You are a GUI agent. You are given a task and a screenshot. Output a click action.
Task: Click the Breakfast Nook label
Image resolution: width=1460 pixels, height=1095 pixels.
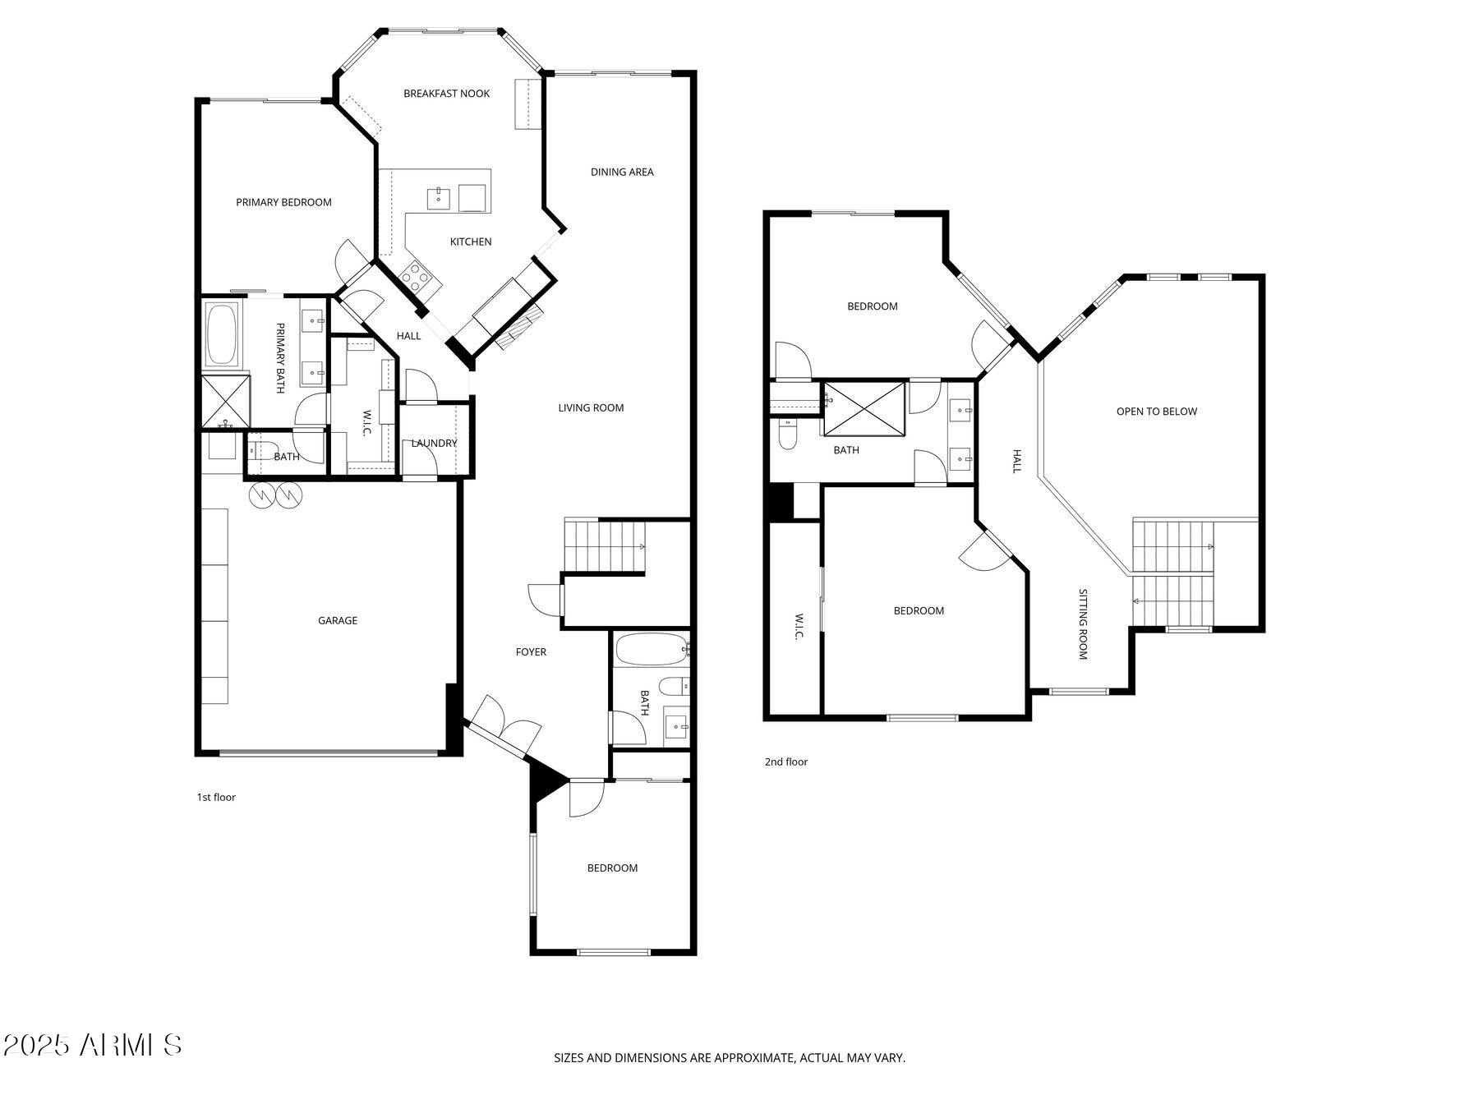[446, 94]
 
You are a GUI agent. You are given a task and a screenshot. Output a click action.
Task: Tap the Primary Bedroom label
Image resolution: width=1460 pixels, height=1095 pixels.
[283, 202]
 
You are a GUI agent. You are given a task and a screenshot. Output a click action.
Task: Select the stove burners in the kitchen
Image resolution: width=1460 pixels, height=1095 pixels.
[417, 277]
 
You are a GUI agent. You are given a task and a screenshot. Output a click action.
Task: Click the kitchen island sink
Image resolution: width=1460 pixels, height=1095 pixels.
[438, 198]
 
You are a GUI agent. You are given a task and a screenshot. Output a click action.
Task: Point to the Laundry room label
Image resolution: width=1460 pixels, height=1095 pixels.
[434, 444]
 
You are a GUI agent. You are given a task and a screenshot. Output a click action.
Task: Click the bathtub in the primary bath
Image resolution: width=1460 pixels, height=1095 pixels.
[222, 335]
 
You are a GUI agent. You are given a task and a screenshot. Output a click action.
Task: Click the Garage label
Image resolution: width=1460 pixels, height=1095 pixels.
[338, 621]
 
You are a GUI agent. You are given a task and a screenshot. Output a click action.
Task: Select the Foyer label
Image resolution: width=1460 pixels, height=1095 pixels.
[531, 652]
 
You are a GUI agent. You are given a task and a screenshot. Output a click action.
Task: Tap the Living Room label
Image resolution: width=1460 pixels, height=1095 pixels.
[591, 407]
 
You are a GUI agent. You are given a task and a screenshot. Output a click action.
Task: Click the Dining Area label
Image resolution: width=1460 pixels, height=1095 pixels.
[622, 172]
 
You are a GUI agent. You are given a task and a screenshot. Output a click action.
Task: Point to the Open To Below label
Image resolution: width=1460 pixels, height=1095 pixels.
[1156, 412]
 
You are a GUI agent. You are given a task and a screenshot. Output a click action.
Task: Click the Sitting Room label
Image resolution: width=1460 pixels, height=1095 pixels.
[1083, 624]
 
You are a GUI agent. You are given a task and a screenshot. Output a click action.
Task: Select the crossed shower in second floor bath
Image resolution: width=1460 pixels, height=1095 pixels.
[865, 407]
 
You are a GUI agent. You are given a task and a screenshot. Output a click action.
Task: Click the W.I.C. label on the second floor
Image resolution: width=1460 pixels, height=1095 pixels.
[798, 627]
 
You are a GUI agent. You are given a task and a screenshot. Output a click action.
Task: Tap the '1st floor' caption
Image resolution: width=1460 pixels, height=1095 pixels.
[216, 797]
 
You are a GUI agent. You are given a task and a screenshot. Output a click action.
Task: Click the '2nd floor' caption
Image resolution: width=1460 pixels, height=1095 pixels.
[786, 761]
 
